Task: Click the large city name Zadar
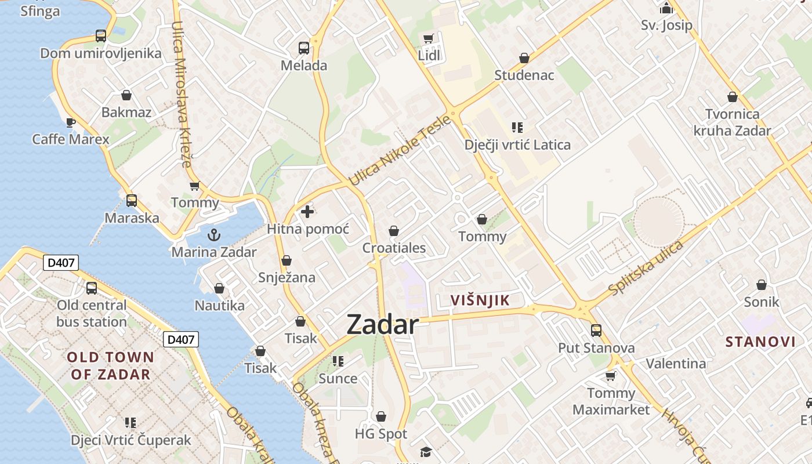click(x=382, y=325)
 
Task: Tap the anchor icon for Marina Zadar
click(x=214, y=235)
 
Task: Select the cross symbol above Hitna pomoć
click(x=307, y=212)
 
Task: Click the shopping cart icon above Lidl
click(x=429, y=39)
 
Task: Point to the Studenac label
click(x=524, y=75)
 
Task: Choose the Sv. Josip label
click(x=666, y=26)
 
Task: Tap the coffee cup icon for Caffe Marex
click(x=70, y=122)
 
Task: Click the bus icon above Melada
click(x=304, y=48)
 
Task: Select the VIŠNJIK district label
click(x=480, y=300)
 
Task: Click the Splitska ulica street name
click(x=646, y=267)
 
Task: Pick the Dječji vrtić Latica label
click(x=517, y=145)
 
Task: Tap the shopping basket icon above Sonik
click(x=761, y=285)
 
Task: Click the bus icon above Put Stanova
click(x=596, y=331)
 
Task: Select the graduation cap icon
click(x=426, y=452)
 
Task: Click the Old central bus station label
click(x=92, y=313)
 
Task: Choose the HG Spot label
click(x=381, y=434)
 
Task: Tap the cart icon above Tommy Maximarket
click(x=610, y=376)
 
